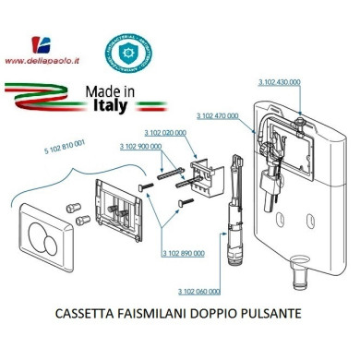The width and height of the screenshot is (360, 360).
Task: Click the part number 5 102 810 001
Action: pos(65,145)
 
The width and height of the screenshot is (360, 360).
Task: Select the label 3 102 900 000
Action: pos(141,146)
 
